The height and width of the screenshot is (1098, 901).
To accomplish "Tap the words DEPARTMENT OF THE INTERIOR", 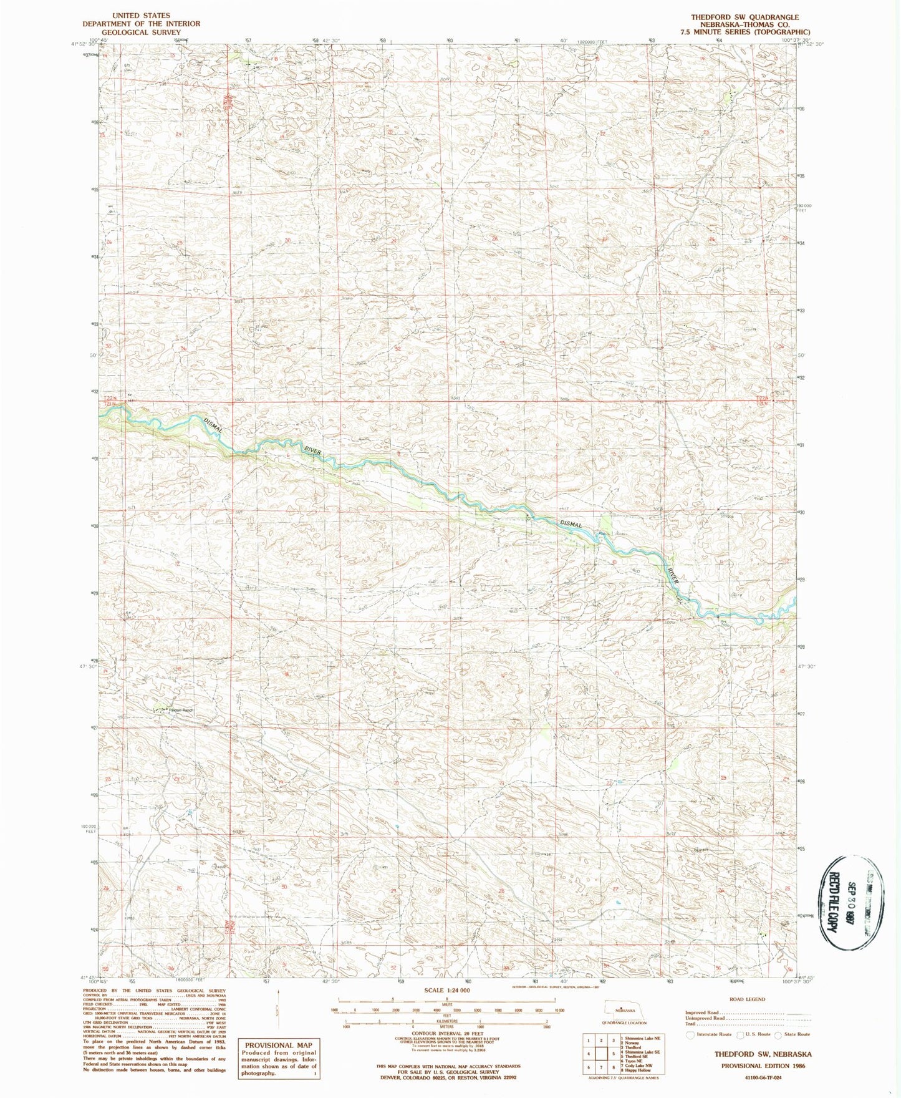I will click(x=142, y=24).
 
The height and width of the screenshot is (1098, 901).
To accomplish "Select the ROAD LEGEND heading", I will click(x=746, y=999).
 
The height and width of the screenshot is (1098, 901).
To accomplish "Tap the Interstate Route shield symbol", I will click(x=691, y=1035).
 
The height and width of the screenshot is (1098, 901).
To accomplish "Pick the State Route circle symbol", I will click(x=779, y=1035).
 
